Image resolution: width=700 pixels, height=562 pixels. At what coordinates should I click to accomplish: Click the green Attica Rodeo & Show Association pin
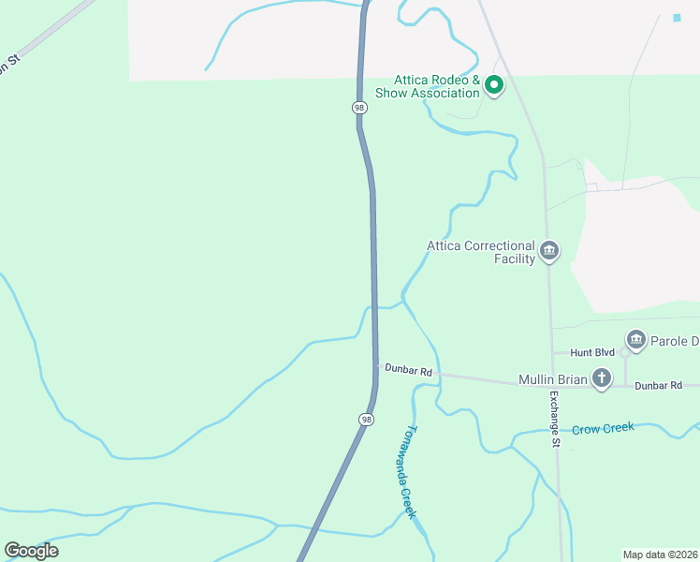pos(494,86)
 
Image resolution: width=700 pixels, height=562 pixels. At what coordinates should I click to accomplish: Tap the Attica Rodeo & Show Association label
pos(428,87)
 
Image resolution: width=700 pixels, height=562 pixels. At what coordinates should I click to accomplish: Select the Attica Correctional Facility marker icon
pos(549,251)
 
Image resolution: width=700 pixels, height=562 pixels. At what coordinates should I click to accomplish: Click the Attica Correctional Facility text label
pos(481,252)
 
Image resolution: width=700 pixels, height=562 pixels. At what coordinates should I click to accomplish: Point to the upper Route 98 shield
pos(359,108)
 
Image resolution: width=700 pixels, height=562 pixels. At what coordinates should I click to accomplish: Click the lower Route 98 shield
pos(365,419)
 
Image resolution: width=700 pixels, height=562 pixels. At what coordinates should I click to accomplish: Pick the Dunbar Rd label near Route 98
pos(409,371)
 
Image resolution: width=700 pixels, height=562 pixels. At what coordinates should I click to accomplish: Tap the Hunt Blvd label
pos(591,352)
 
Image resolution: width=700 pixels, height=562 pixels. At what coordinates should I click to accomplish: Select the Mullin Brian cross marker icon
pos(601,378)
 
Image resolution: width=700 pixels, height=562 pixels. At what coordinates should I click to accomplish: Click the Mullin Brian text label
pos(552,380)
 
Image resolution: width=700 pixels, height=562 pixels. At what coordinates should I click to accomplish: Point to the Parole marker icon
pos(636,339)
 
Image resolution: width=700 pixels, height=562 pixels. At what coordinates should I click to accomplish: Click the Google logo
pos(31,551)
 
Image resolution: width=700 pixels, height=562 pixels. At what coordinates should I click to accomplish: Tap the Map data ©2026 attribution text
pos(661,554)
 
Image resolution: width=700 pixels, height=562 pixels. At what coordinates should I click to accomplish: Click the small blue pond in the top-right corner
pos(677,18)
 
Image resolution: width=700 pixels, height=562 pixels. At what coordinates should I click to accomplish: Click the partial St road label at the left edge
pos(11,65)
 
